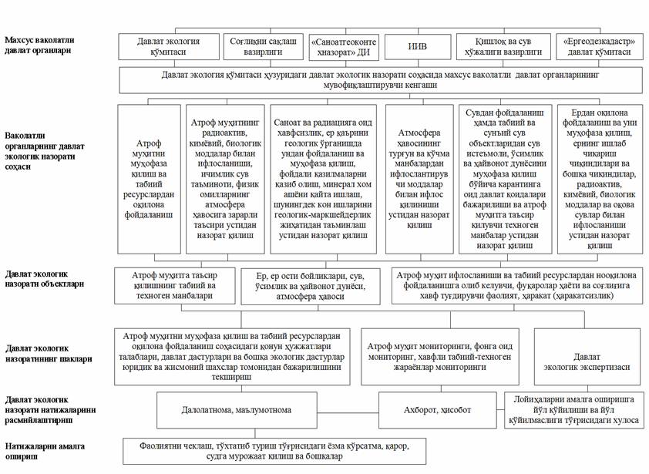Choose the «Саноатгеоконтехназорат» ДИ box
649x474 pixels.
[x=341, y=46]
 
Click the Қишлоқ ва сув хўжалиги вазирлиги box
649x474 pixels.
[x=503, y=46]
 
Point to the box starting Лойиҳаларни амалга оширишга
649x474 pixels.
[x=573, y=407]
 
